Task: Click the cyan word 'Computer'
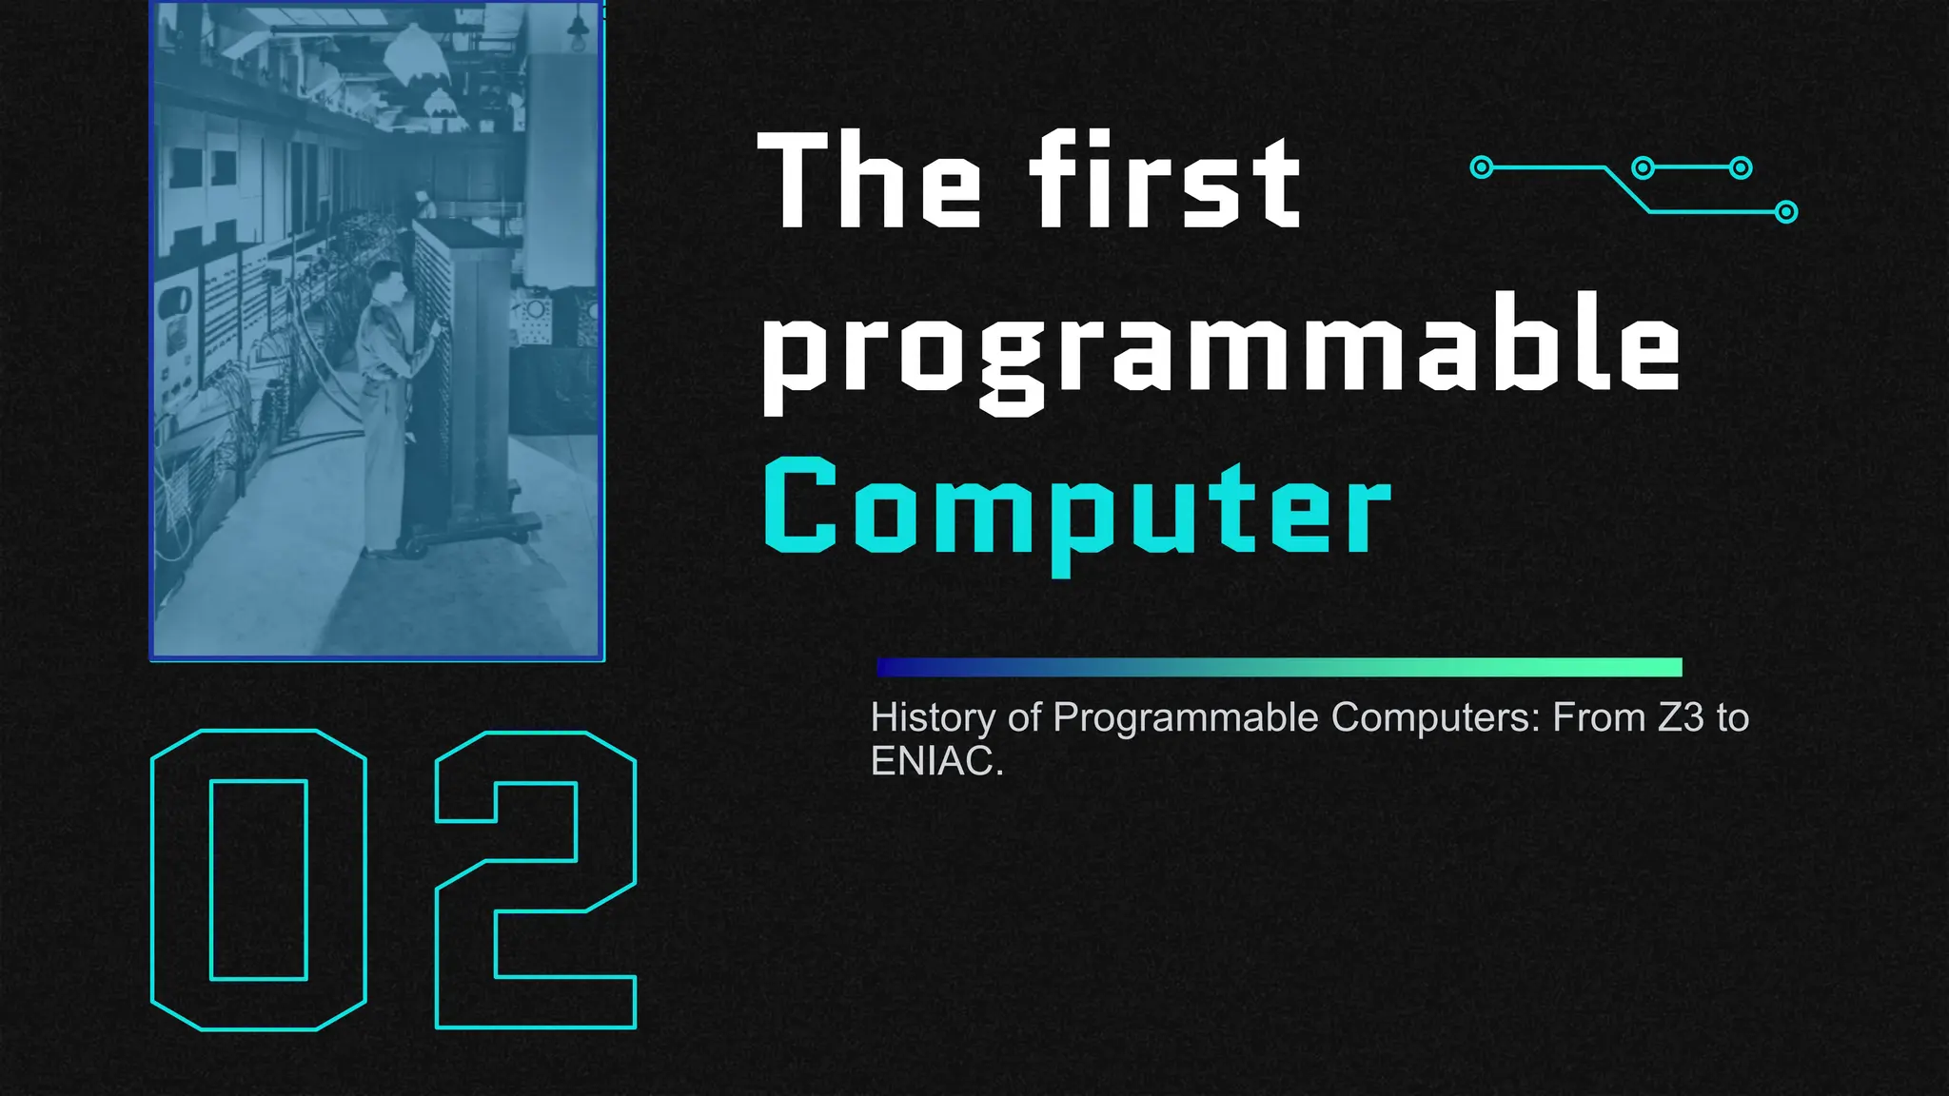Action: pos(1076,509)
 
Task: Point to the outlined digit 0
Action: pos(258,879)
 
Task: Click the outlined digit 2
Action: pos(535,879)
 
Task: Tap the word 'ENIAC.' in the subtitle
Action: pos(936,761)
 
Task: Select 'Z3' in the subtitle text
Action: pos(1681,717)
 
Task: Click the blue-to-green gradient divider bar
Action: pos(1278,667)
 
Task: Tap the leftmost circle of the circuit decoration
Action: pos(1481,167)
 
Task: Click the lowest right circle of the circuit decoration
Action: pos(1786,211)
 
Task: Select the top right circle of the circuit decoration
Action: pos(1741,168)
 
